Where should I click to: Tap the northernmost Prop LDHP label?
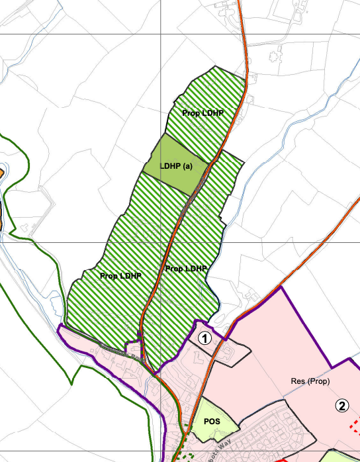pos(202,113)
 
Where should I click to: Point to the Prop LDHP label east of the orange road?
pos(186,269)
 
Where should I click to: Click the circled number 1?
pos(206,338)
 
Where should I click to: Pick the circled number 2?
pos(342,406)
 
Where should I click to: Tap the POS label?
pos(212,422)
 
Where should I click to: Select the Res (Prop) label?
pos(310,382)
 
